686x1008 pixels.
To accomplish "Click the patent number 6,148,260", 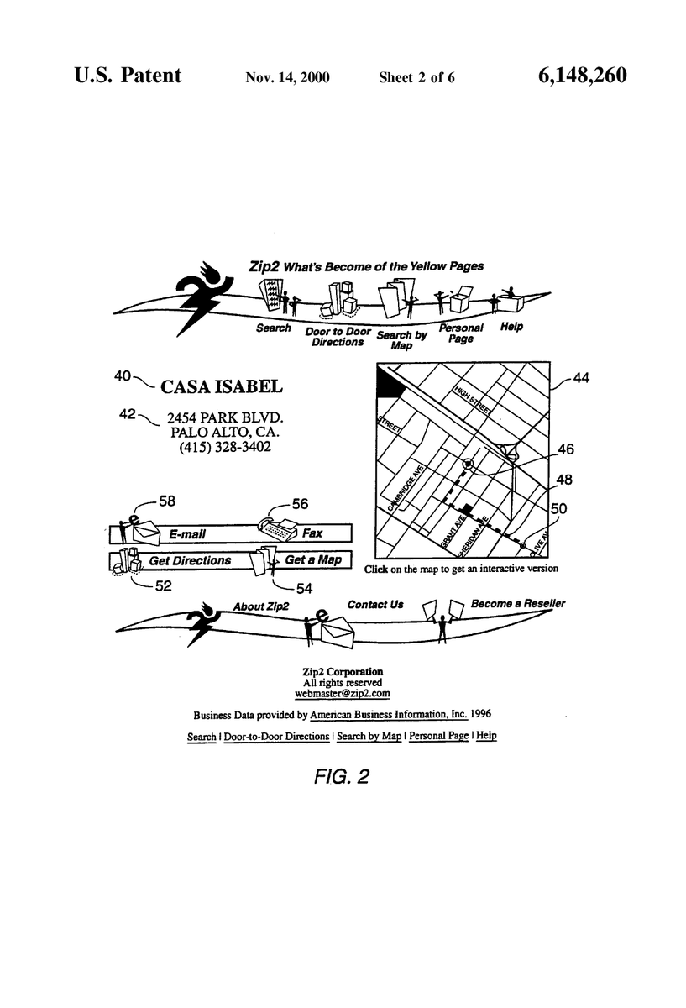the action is tap(582, 76).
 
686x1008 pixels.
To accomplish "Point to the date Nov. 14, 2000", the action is tap(287, 77).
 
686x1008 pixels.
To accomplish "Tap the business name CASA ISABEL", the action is tap(222, 386).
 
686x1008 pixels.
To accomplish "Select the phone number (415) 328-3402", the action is tap(225, 447).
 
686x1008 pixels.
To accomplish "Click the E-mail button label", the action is tap(187, 534).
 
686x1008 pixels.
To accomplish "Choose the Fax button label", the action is tap(312, 533).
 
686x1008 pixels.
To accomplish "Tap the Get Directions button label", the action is tap(190, 561).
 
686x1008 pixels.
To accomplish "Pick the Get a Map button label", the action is tap(313, 559).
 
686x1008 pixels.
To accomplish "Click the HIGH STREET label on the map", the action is tap(474, 400).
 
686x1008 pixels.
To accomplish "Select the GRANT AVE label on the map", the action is tap(453, 531).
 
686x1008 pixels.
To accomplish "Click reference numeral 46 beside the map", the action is tap(566, 449).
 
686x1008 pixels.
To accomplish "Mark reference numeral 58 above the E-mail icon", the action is tap(167, 501).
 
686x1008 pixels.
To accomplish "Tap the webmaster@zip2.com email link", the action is tap(343, 694).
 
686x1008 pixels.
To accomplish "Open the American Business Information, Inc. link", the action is tap(389, 715).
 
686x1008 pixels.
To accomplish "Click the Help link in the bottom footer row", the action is tap(486, 735).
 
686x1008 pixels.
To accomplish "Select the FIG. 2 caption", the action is tap(342, 777).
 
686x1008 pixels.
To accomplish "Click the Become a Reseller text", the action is tap(518, 604).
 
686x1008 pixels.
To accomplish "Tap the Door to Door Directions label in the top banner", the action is tap(338, 337).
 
